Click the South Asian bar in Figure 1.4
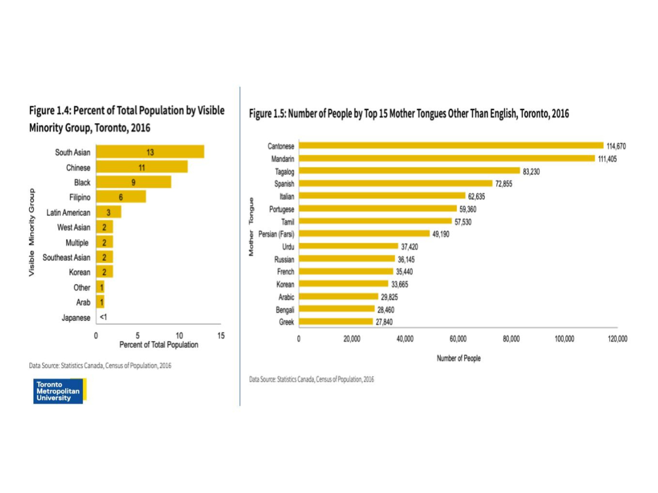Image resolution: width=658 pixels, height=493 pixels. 150,152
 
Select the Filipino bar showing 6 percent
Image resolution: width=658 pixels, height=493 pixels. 121,197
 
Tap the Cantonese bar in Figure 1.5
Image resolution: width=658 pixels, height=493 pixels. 451,146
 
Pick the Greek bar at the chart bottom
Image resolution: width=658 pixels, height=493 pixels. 336,322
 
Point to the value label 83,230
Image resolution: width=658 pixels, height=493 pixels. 532,171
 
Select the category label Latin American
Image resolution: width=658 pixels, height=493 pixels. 69,213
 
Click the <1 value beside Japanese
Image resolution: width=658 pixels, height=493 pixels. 103,318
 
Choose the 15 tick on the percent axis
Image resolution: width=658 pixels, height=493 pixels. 221,336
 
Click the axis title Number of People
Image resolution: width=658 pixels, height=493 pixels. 458,358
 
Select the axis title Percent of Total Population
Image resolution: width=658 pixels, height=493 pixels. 158,345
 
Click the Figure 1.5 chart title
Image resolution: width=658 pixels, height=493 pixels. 409,114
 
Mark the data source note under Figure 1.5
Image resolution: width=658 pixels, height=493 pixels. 311,379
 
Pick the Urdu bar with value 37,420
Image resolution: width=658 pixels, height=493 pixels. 348,246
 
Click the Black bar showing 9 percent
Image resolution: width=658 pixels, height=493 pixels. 133,182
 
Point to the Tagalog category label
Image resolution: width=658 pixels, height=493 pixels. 285,171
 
